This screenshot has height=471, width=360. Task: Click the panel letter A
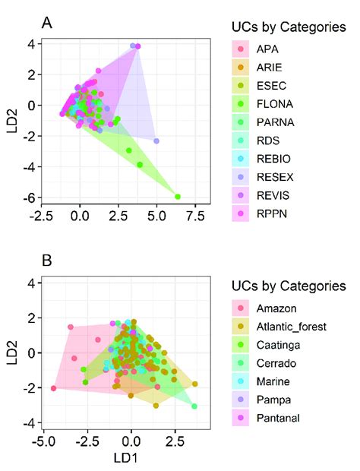[47, 24]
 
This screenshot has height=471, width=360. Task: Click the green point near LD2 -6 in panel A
[178, 197]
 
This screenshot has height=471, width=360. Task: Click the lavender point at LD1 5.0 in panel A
[156, 141]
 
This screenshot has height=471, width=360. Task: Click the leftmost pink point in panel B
[53, 388]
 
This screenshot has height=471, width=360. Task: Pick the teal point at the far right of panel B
[194, 406]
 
